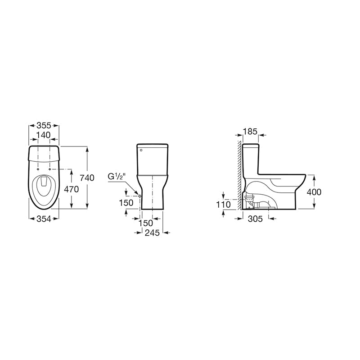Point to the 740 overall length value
87,178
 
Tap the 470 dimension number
71,189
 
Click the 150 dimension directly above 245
146,223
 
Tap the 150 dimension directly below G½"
126,203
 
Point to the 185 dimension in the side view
250,132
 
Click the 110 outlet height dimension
223,205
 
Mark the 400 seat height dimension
314,192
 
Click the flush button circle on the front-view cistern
140,150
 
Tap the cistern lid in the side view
251,146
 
